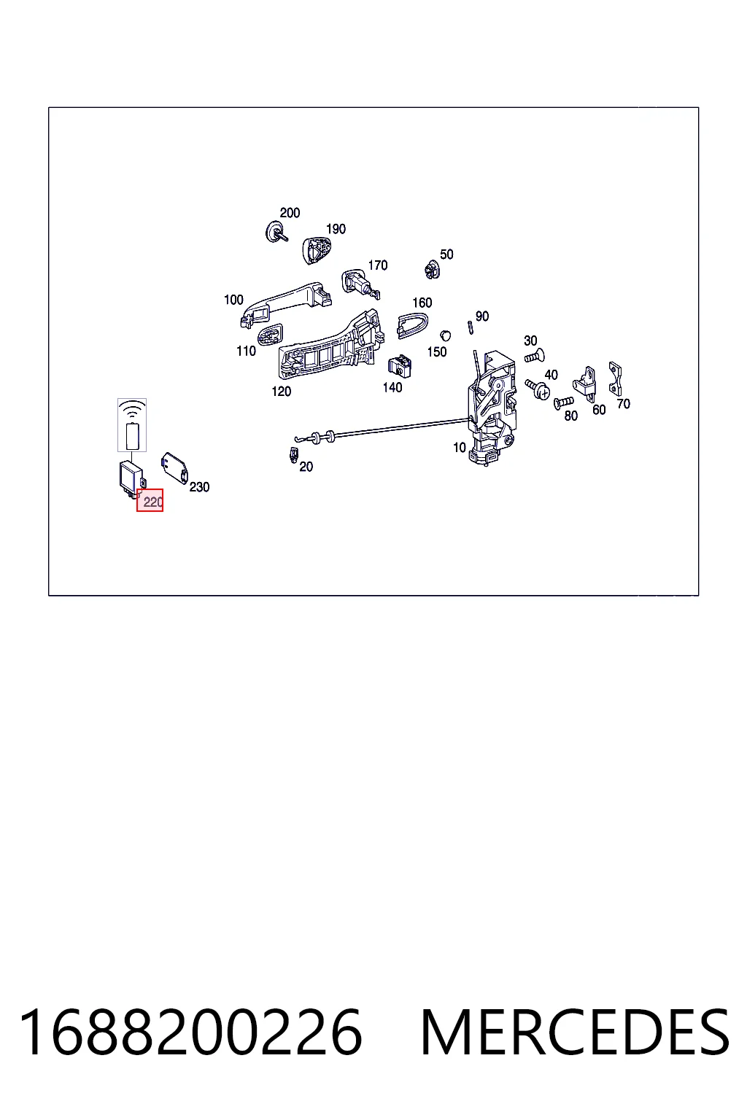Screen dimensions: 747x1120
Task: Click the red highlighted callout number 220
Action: pyautogui.click(x=150, y=500)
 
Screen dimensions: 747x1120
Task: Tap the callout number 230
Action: pyautogui.click(x=199, y=486)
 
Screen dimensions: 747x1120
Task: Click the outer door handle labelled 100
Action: pyautogui.click(x=285, y=303)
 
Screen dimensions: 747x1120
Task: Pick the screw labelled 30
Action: pyautogui.click(x=535, y=357)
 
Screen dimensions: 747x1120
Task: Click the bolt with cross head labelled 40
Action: pyautogui.click(x=538, y=389)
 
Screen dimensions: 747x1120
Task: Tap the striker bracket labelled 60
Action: pyautogui.click(x=585, y=383)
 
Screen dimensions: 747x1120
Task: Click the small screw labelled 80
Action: pyautogui.click(x=564, y=402)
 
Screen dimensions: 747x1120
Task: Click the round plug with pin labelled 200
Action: pyautogui.click(x=276, y=232)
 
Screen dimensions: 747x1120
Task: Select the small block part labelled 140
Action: pyautogui.click(x=400, y=367)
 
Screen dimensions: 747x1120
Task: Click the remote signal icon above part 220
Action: pyautogui.click(x=132, y=425)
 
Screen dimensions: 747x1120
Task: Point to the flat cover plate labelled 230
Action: pyautogui.click(x=174, y=468)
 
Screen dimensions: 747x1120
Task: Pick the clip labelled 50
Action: pyautogui.click(x=432, y=270)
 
